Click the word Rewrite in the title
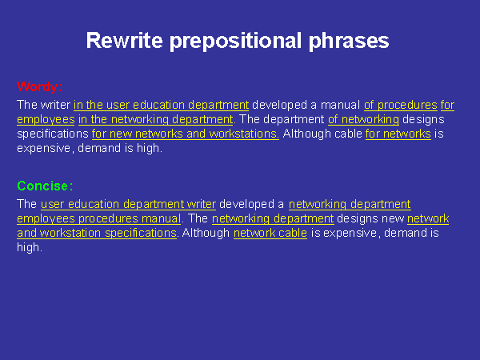pos(124,41)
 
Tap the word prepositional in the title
pos(235,42)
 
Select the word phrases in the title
pos(349,42)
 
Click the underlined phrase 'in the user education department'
pos(162,105)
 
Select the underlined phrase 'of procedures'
pos(401,105)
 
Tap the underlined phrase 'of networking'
pos(363,119)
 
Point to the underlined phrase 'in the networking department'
pos(155,119)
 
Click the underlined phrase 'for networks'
pos(398,134)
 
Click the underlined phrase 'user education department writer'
pos(128,204)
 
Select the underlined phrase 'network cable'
pos(270,233)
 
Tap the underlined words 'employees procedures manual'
pos(99,218)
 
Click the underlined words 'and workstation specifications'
pos(97,233)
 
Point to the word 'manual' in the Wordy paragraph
pos(340,105)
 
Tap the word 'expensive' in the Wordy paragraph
pos(44,149)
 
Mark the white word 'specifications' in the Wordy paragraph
pos(53,134)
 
